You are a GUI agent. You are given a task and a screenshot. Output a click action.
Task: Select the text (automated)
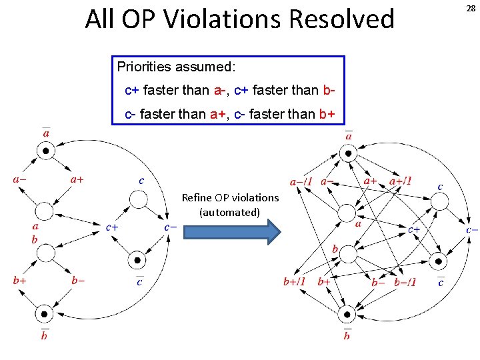(x=229, y=212)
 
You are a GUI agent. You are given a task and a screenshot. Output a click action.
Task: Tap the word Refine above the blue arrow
(x=197, y=197)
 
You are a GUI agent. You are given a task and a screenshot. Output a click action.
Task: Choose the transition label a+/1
(x=400, y=180)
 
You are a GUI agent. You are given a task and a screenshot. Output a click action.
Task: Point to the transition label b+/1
(x=294, y=281)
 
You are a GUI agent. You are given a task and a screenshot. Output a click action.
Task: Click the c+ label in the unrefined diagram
(x=113, y=227)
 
